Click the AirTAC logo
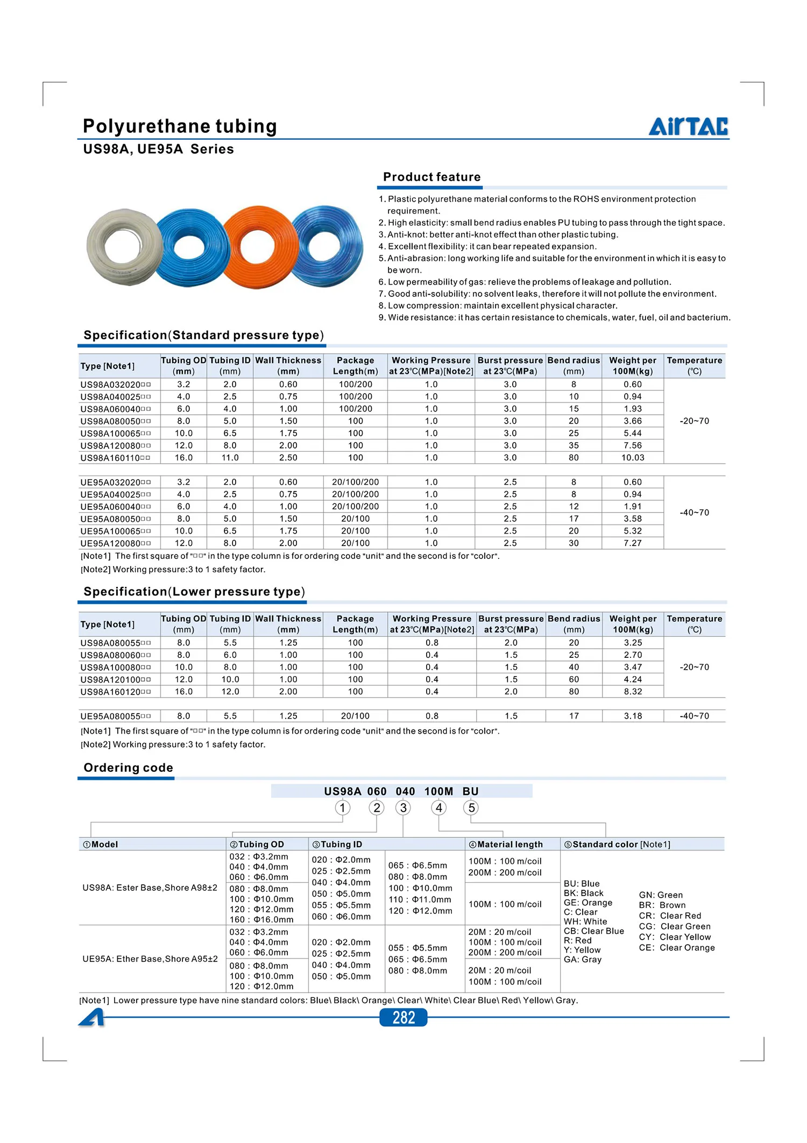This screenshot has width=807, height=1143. (688, 126)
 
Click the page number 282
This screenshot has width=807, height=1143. (403, 1017)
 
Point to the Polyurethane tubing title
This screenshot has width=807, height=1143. (180, 126)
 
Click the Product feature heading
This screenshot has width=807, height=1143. (431, 177)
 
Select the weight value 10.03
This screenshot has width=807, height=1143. (633, 458)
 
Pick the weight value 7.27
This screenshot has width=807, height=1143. (633, 543)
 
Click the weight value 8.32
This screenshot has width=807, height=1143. (633, 692)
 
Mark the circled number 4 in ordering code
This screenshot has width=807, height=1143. (439, 808)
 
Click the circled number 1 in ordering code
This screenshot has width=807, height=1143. (342, 808)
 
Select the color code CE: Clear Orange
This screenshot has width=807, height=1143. (677, 948)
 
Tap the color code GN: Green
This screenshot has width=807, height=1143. (661, 895)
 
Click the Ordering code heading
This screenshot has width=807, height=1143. (128, 768)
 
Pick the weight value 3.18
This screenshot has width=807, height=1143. (633, 716)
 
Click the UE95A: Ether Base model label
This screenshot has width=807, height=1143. (150, 959)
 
